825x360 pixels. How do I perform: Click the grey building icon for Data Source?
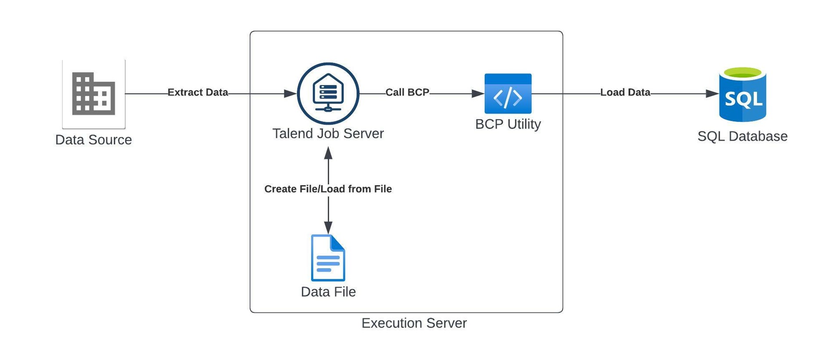click(x=93, y=94)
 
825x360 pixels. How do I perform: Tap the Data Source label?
click(x=93, y=140)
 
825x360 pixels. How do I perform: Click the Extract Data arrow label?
click(x=197, y=93)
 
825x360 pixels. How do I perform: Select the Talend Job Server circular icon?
click(x=328, y=94)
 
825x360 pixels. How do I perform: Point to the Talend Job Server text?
click(x=328, y=133)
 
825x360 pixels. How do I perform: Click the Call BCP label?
click(x=407, y=93)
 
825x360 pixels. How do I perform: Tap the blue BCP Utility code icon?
click(x=508, y=94)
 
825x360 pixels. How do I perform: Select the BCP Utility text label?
click(x=508, y=124)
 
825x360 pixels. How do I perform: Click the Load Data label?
click(x=625, y=93)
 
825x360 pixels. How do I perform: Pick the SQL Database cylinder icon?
click(x=742, y=94)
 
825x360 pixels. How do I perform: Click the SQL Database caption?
click(x=742, y=137)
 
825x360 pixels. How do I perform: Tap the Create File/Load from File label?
click(x=328, y=189)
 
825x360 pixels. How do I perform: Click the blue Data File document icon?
click(x=328, y=258)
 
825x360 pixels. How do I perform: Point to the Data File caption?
click(x=328, y=292)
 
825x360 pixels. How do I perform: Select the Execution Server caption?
click(x=414, y=323)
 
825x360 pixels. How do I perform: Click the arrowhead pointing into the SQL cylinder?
click(x=712, y=94)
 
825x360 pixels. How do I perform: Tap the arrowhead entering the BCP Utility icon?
click(x=477, y=94)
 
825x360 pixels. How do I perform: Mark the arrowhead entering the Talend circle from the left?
click(x=290, y=94)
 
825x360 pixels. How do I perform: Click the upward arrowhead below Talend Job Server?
click(x=328, y=153)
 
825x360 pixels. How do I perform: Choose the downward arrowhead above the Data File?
click(x=328, y=228)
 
